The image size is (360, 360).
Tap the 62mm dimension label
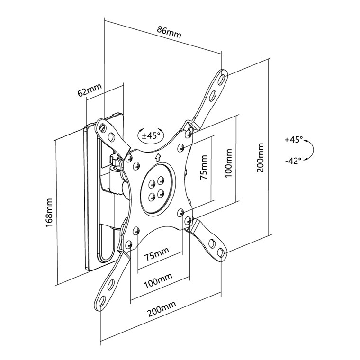tap(90, 90)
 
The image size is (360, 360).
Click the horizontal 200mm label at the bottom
tap(161, 312)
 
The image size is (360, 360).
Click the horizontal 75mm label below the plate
tap(157, 256)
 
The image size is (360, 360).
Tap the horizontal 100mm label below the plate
tap(158, 283)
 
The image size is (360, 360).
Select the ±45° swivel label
tap(153, 135)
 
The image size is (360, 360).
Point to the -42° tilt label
tap(293, 161)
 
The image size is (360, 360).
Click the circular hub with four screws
tap(156, 187)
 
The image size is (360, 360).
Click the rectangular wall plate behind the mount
tap(92, 199)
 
